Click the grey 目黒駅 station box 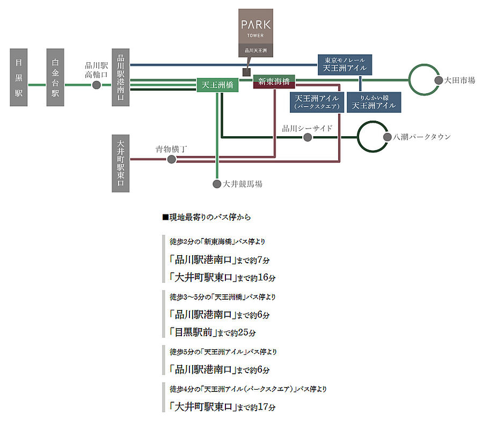click(19, 77)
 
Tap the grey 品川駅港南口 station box click(121, 77)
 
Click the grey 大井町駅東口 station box click(121, 163)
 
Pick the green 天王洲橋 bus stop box click(218, 85)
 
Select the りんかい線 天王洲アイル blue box click(374, 102)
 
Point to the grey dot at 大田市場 click(437, 80)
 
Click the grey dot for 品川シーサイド click(308, 137)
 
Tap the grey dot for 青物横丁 click(171, 159)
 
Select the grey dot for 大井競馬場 click(217, 184)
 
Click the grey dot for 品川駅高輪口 click(97, 85)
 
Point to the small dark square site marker click(246, 72)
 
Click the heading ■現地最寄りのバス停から click(206, 218)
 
